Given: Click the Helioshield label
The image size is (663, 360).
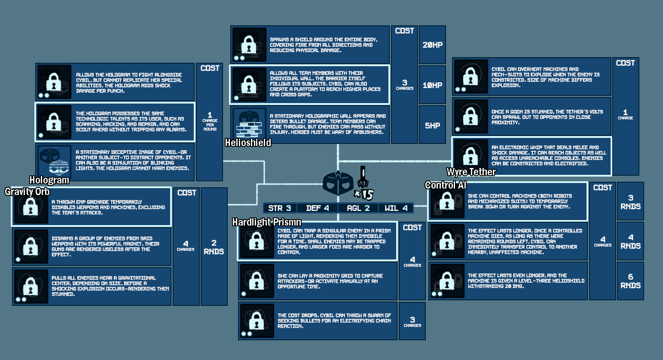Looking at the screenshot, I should coord(248,143).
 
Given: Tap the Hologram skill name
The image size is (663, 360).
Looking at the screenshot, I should coord(49,180).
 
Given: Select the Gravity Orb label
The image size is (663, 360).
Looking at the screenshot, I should coord(27,192).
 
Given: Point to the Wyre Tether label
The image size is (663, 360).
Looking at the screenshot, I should coord(471,172).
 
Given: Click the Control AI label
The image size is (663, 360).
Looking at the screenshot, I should coord(446,185).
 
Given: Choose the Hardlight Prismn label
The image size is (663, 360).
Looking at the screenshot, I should coord(266,222).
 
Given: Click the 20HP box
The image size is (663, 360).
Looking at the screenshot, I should coord(432,45).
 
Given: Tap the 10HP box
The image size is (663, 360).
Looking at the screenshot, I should coord(432,85).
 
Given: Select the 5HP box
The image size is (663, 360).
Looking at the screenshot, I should coord(432,125).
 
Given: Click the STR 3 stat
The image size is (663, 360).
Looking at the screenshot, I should coord(280,208).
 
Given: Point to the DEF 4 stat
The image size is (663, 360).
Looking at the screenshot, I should coord(318,208).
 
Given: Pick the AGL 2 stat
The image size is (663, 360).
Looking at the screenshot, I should coord(358,208).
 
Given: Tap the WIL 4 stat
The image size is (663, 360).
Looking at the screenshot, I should coord(396,208).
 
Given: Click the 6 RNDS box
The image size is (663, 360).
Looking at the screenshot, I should coord(630,281).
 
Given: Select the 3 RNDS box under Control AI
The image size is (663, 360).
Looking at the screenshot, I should coord(630,202).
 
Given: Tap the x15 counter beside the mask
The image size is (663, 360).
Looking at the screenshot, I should coord(364,194).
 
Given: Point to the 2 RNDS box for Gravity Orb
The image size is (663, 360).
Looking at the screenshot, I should coord(214,247).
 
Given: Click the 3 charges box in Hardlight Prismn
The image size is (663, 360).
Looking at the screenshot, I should coord(412,321).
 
